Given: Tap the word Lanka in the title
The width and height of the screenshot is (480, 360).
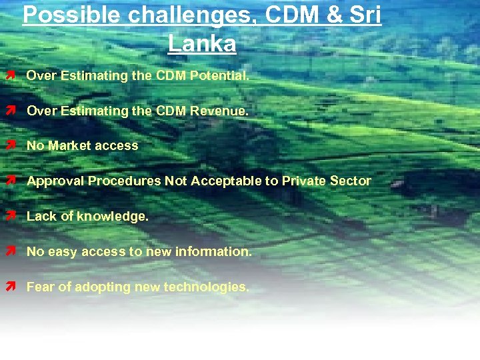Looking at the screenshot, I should pyautogui.click(x=202, y=43).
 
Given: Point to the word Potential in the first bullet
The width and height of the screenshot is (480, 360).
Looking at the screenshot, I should pyautogui.click(x=219, y=76).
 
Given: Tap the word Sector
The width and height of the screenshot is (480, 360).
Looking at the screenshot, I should pyautogui.click(x=351, y=181).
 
